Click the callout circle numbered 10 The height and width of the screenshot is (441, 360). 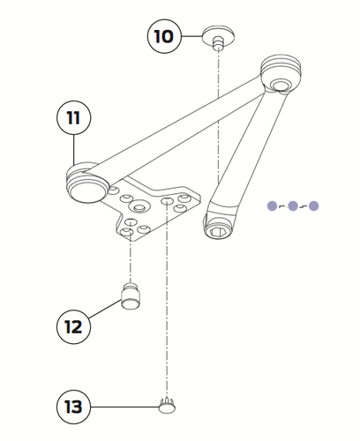[x=164, y=37]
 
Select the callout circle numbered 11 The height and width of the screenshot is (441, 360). [x=75, y=117]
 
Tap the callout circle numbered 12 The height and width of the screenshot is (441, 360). [x=75, y=325]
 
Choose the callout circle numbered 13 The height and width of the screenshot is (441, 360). [x=75, y=407]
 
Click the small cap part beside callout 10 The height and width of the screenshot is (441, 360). [x=217, y=36]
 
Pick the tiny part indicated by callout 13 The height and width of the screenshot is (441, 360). [x=166, y=405]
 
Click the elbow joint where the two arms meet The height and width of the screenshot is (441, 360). [x=281, y=74]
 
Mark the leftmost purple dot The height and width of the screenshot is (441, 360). [x=272, y=206]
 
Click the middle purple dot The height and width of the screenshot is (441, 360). [x=292, y=206]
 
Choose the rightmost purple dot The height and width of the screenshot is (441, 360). [x=313, y=206]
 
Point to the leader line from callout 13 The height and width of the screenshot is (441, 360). [x=124, y=407]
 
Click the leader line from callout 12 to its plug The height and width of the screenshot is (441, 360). [x=105, y=312]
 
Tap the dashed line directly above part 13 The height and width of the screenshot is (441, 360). [x=165, y=318]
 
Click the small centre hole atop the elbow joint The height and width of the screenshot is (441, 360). [x=282, y=85]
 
